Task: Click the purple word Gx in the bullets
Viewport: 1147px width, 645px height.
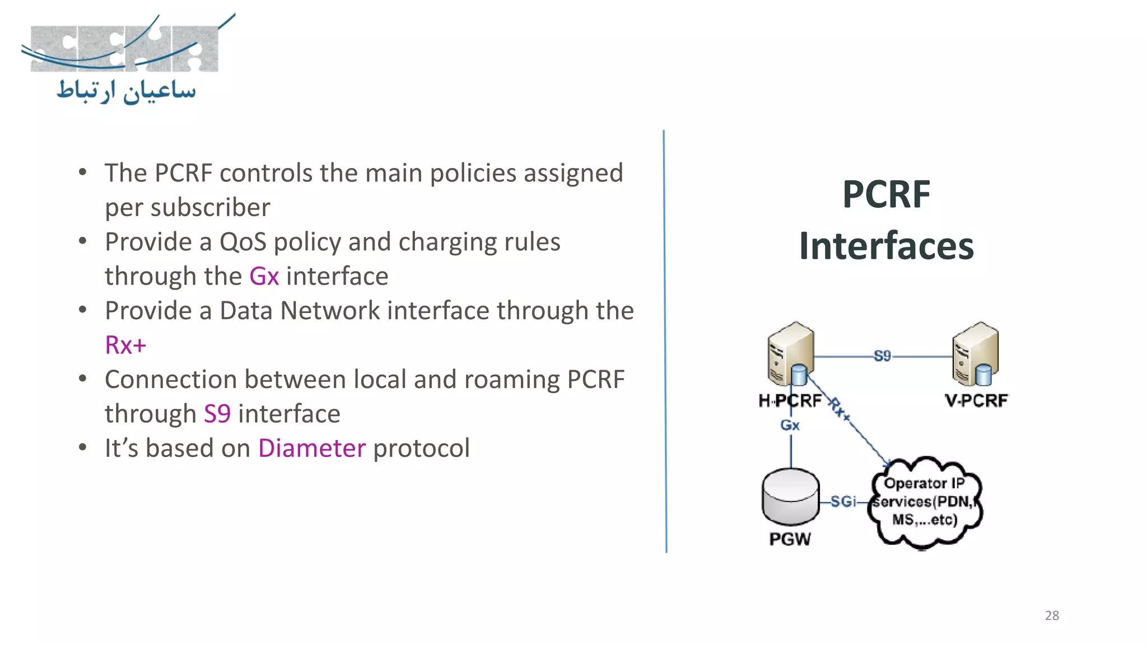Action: pos(264,277)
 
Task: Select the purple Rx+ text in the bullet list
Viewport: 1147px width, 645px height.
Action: pos(125,345)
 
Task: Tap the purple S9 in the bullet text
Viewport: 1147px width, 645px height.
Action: pos(217,414)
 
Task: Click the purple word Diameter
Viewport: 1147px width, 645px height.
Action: pos(312,448)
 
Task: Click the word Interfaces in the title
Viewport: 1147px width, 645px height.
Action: pos(886,246)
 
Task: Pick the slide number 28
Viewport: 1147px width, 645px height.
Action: pos(1052,615)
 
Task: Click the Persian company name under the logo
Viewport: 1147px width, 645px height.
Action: pos(127,91)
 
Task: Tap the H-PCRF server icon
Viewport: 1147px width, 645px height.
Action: pos(790,354)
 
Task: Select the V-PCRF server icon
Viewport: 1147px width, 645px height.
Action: pos(975,354)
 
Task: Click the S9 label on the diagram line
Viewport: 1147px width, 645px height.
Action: pos(882,356)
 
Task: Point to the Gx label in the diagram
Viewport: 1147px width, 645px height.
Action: pos(790,425)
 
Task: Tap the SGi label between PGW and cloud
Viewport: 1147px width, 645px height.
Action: pos(843,501)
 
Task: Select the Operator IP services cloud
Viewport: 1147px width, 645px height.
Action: pos(925,502)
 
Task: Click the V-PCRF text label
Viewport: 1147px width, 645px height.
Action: pos(976,400)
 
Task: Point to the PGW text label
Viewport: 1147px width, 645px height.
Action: pos(790,539)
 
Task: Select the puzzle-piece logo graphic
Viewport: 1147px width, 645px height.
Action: pos(124,48)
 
